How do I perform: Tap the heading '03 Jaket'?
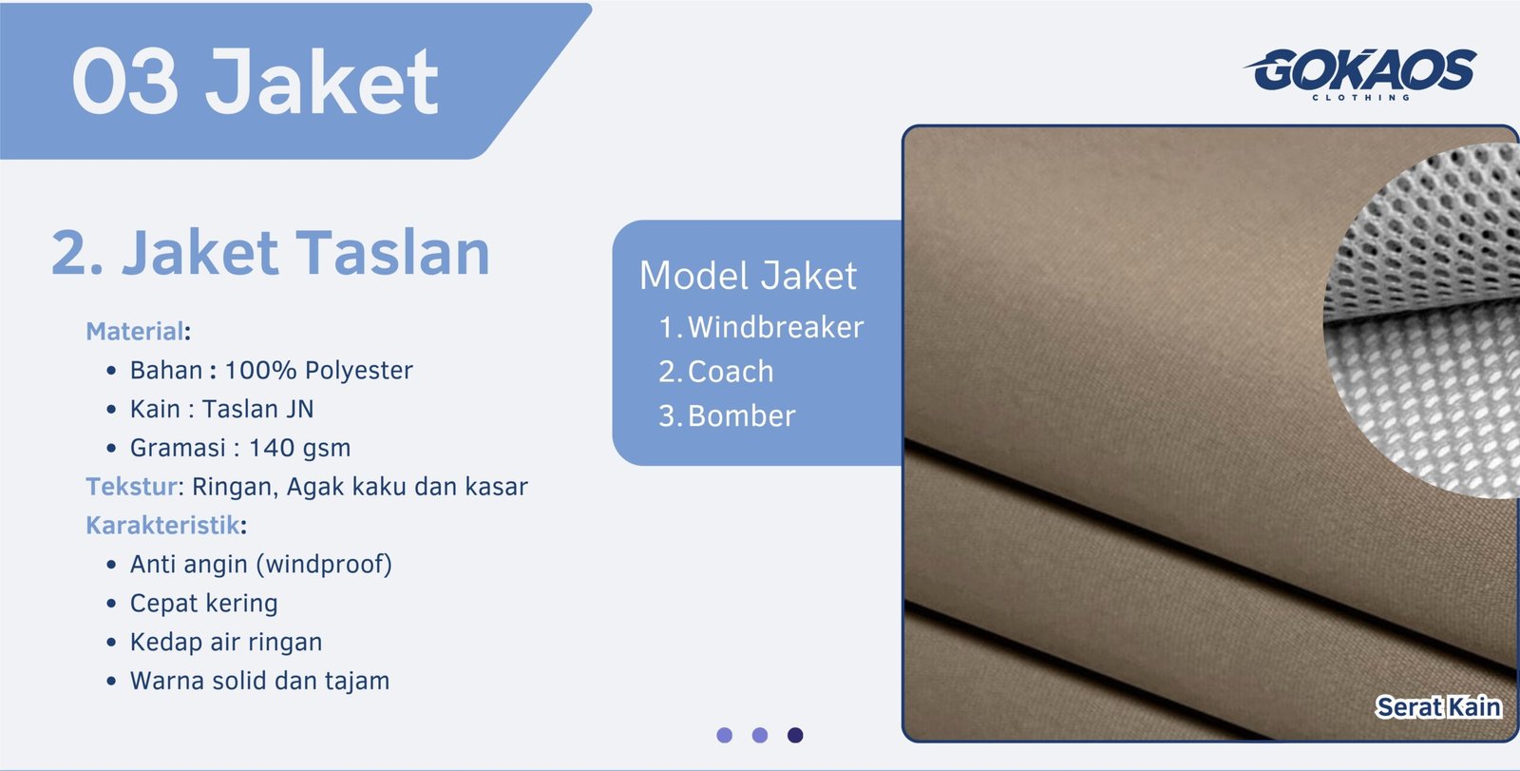(x=255, y=82)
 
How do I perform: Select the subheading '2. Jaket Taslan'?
(x=270, y=253)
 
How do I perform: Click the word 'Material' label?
(x=134, y=331)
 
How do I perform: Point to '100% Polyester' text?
(x=318, y=370)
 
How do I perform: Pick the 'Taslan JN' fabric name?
(x=257, y=409)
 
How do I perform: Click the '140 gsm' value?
(x=299, y=448)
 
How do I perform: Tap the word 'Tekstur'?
(x=131, y=487)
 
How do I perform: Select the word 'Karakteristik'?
(x=162, y=526)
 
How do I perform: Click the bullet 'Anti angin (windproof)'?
(x=260, y=565)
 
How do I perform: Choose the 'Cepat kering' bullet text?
(x=203, y=604)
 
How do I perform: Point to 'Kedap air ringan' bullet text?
(x=225, y=643)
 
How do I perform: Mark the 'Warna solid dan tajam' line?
(x=259, y=682)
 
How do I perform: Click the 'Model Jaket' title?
(x=748, y=276)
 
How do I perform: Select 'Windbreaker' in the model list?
(x=775, y=327)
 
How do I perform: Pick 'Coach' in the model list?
(x=730, y=372)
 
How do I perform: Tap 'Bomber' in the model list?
(x=741, y=416)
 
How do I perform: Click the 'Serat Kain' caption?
(x=1438, y=707)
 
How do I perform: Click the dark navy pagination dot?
(x=795, y=735)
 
